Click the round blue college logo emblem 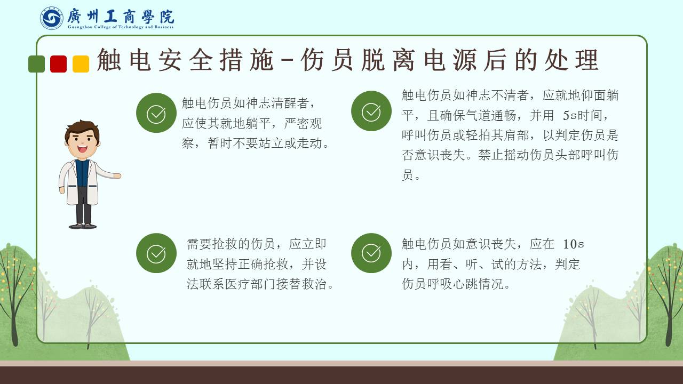click(x=52, y=18)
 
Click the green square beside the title click(x=37, y=64)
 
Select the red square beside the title click(x=59, y=64)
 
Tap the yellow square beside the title click(x=81, y=64)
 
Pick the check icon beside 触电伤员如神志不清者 click(x=371, y=111)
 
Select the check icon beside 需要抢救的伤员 click(x=156, y=253)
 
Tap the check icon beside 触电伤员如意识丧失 click(x=371, y=253)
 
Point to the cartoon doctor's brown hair click(x=82, y=128)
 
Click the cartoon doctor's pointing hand click(x=117, y=176)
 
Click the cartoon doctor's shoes click(x=83, y=226)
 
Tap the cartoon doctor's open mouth click(x=82, y=149)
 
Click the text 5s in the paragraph click(x=570, y=116)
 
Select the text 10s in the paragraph click(x=573, y=244)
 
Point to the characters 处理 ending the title click(x=571, y=60)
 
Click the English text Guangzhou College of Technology click(x=106, y=27)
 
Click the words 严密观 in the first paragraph click(x=303, y=123)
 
